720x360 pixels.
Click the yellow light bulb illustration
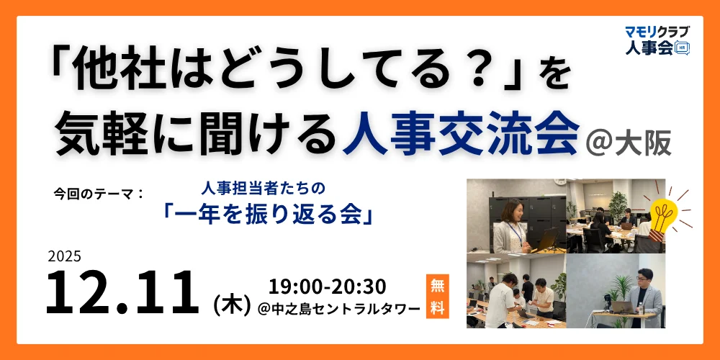tap(663, 212)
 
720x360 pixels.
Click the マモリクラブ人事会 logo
tap(657, 40)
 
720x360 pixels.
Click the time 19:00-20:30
tap(327, 286)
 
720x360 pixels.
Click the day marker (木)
tap(231, 303)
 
